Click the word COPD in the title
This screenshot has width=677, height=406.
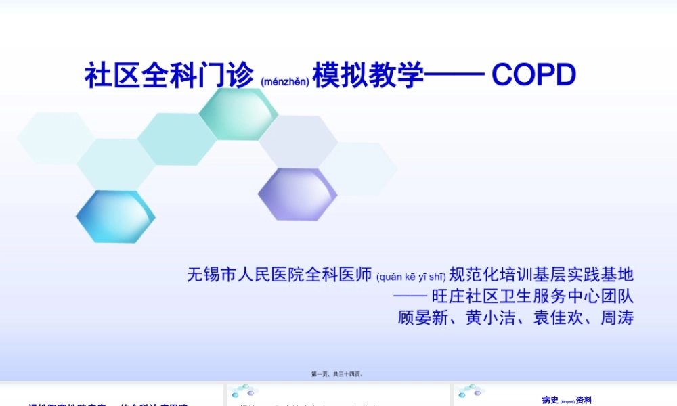[533, 75]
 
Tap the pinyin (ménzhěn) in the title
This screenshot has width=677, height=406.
[284, 81]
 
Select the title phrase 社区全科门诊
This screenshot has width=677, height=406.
[169, 75]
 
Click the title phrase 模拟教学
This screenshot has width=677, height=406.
[368, 75]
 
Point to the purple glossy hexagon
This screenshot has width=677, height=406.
[298, 194]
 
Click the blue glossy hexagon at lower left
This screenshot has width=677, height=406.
[115, 217]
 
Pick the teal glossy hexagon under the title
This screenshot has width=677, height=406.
[238, 114]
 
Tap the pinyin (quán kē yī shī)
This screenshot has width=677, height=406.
[411, 276]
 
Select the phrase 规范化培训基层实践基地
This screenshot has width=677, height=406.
[542, 275]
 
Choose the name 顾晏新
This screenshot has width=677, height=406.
[423, 317]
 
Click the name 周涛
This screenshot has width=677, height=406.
[617, 317]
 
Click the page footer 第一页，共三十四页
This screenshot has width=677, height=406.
[337, 374]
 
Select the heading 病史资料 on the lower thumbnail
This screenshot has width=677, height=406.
[567, 400]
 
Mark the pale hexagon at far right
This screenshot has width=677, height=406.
[359, 169]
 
